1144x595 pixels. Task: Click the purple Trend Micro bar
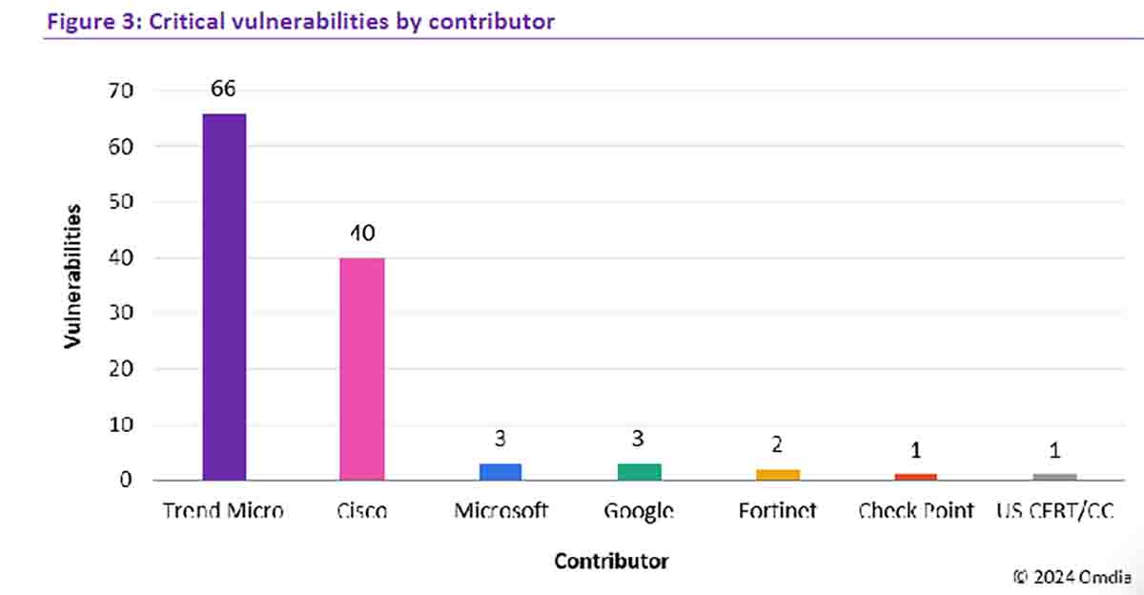(225, 297)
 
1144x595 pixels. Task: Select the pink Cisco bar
(362, 368)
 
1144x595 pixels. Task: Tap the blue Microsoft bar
(500, 471)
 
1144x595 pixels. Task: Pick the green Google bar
(639, 471)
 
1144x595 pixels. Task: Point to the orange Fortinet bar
(778, 474)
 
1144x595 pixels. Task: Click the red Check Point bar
(916, 476)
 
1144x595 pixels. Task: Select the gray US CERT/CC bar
(1054, 476)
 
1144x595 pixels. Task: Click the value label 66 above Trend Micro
(224, 89)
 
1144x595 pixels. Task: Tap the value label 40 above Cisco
(362, 234)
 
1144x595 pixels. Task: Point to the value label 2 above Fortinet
(778, 445)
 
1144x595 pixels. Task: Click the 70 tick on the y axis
(121, 92)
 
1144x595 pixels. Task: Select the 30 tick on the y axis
(121, 314)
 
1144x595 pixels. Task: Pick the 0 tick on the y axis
(126, 481)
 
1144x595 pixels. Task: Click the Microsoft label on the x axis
(500, 511)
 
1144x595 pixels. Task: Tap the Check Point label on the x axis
(916, 511)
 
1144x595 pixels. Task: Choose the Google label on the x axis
(639, 512)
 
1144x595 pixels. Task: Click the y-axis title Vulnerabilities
(72, 276)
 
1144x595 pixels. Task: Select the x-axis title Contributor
(611, 561)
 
